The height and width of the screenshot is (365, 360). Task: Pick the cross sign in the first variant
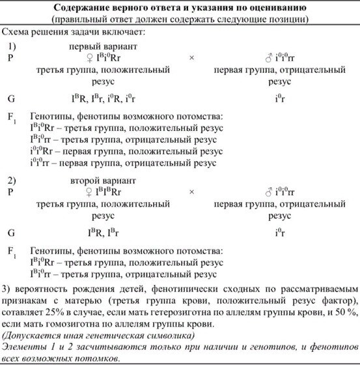(191, 59)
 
